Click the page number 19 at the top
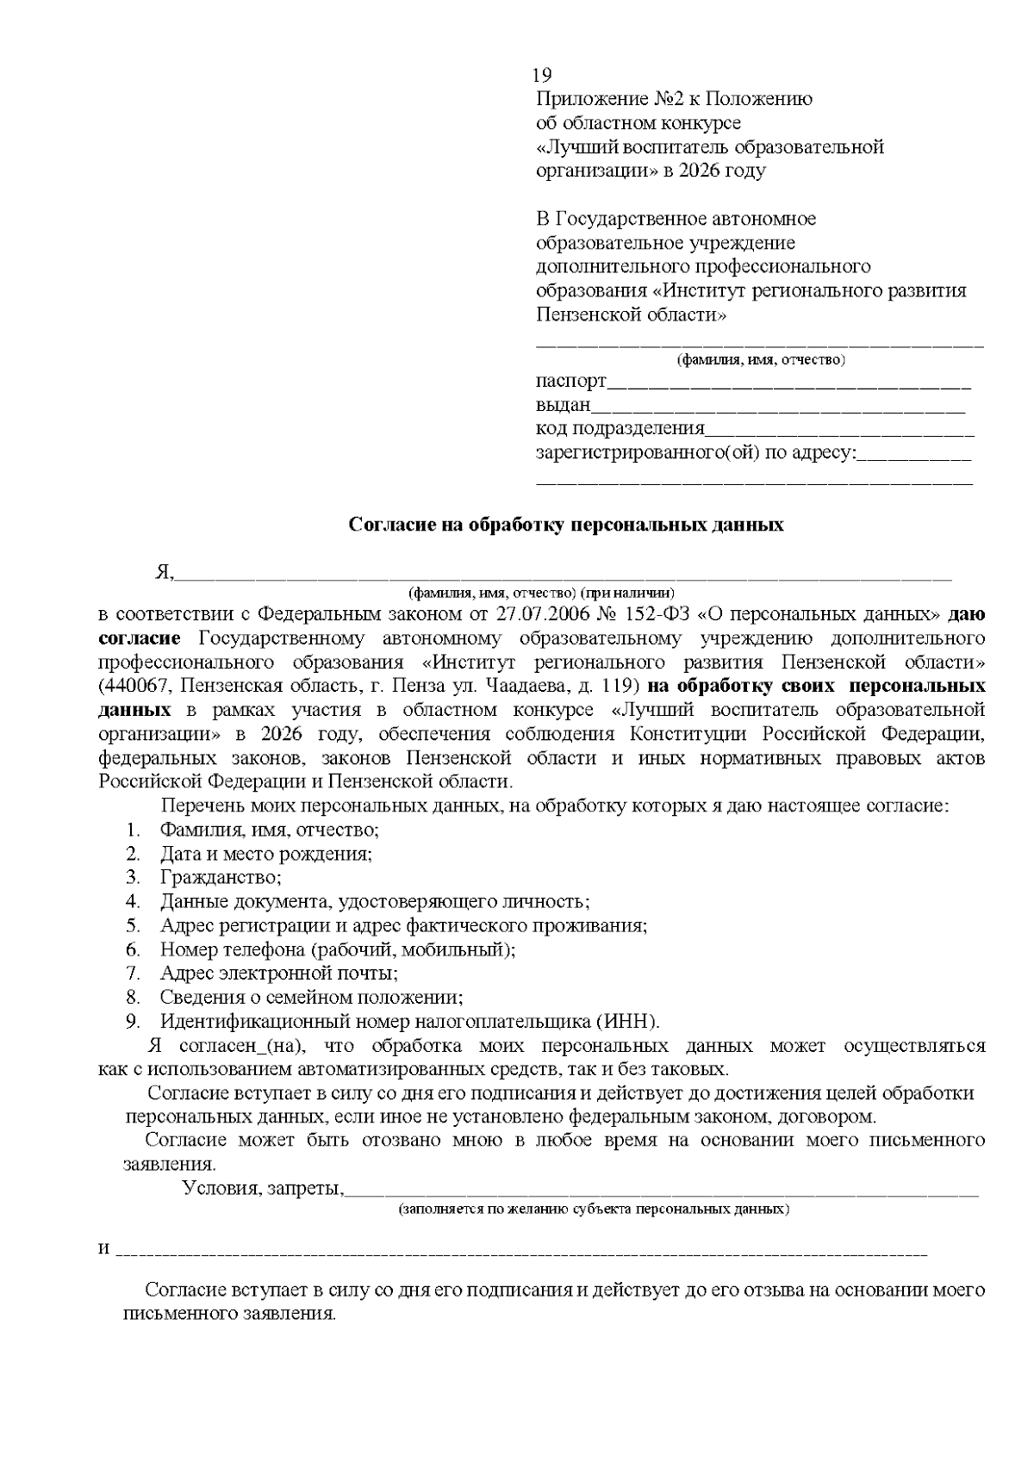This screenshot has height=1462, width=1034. point(542,75)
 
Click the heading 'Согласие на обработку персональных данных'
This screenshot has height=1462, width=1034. point(566,525)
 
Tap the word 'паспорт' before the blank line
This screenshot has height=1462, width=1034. point(570,381)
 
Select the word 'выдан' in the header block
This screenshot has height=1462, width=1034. point(564,405)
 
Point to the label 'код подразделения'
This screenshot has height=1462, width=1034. point(620,429)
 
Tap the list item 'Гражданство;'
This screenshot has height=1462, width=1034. point(221,878)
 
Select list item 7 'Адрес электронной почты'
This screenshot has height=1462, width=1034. point(278,974)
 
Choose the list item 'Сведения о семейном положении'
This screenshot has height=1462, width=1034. point(311,998)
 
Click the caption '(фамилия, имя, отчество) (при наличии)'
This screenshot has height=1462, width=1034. point(541,593)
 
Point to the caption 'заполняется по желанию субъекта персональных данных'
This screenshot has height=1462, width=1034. point(593,1210)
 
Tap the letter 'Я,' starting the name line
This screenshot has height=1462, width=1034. point(164,572)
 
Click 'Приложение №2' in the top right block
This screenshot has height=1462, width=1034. point(601,99)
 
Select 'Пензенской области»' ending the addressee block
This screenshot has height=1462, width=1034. point(631,314)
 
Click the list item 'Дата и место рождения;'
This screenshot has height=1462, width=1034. point(265,854)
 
